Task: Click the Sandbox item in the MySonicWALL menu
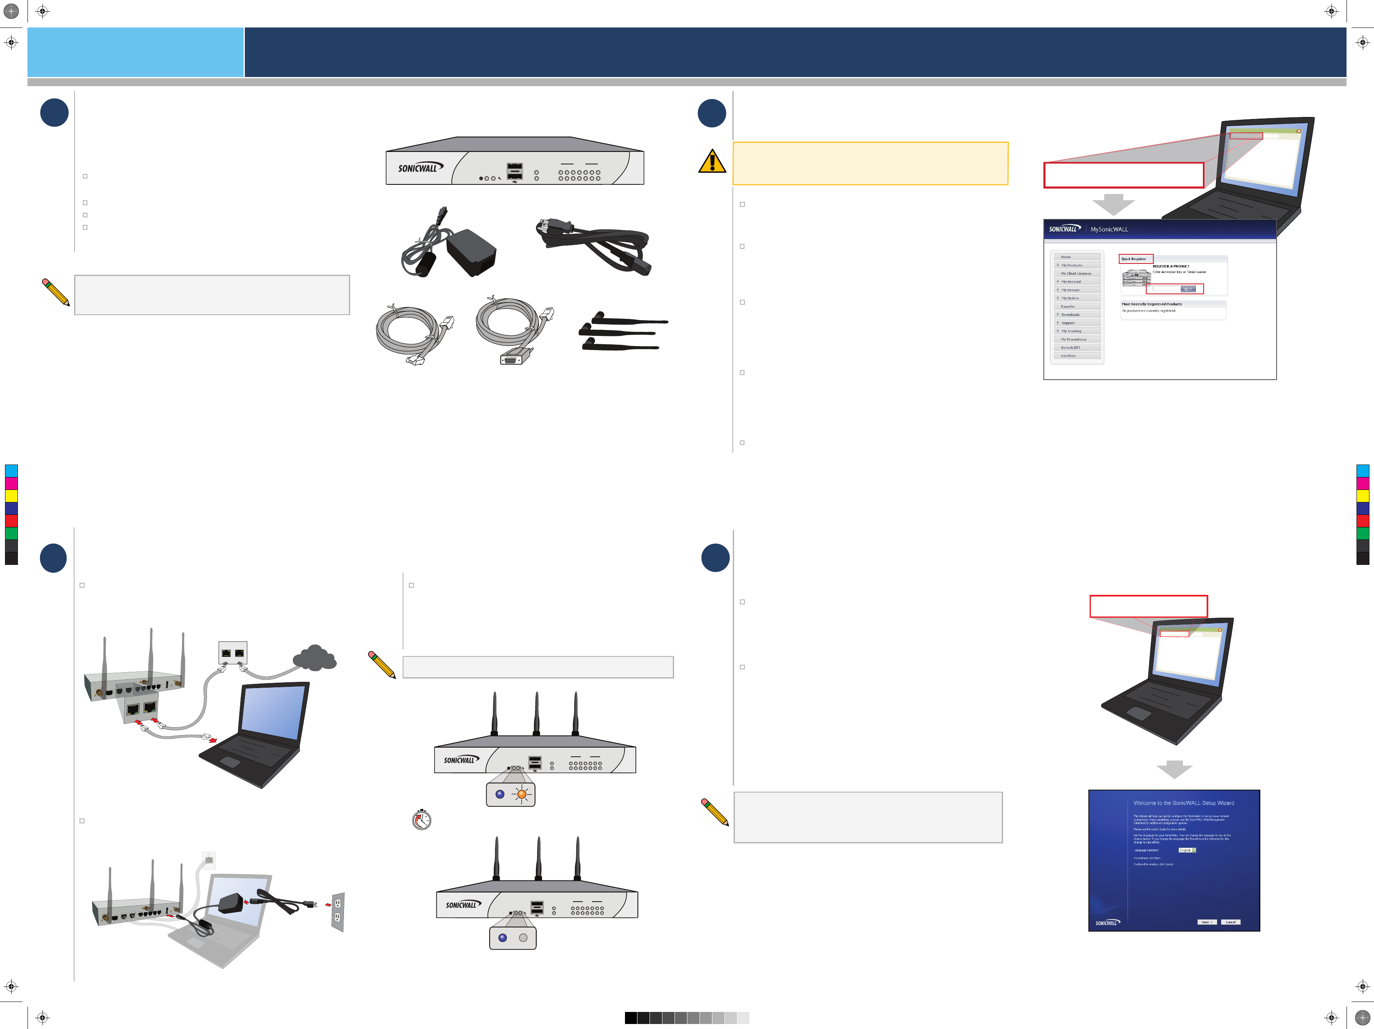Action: (x=1068, y=356)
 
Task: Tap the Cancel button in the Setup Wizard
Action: (x=1230, y=922)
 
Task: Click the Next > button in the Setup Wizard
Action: (x=1206, y=922)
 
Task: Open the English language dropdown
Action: (x=1187, y=850)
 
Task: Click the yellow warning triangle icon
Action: (x=712, y=162)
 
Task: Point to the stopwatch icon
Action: (x=422, y=820)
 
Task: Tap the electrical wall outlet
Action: (x=337, y=911)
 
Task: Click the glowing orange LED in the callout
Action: (x=522, y=794)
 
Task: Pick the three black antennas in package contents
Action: (x=623, y=332)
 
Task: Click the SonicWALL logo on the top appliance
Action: (x=420, y=168)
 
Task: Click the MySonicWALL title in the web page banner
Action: (x=1109, y=229)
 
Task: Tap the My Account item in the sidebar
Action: (x=1071, y=282)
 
